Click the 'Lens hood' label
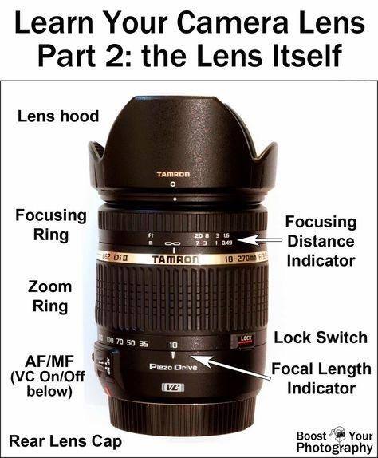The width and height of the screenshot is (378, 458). pyautogui.click(x=58, y=116)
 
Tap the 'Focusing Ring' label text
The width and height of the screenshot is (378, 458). pyautogui.click(x=51, y=225)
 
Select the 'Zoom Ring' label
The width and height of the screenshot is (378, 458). pyautogui.click(x=50, y=296)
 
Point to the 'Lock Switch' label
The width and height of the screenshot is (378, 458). pyautogui.click(x=321, y=338)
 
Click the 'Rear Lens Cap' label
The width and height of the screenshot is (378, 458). pyautogui.click(x=65, y=442)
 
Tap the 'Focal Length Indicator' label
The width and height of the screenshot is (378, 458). pyautogui.click(x=321, y=378)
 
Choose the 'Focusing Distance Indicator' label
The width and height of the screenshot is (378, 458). pyautogui.click(x=321, y=241)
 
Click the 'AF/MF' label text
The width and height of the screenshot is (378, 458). pyautogui.click(x=49, y=361)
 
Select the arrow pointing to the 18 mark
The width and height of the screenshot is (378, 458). pyautogui.click(x=230, y=368)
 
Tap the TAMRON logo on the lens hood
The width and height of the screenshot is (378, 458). pyautogui.click(x=173, y=174)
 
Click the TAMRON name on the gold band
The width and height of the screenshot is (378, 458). pyautogui.click(x=175, y=259)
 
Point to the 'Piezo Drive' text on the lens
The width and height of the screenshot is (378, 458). pyautogui.click(x=173, y=367)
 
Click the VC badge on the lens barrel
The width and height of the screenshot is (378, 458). pyautogui.click(x=173, y=387)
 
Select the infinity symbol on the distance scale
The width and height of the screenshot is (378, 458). pyautogui.click(x=173, y=243)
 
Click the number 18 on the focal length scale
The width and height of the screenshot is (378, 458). pyautogui.click(x=173, y=345)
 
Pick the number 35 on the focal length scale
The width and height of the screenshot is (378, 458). pyautogui.click(x=144, y=343)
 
